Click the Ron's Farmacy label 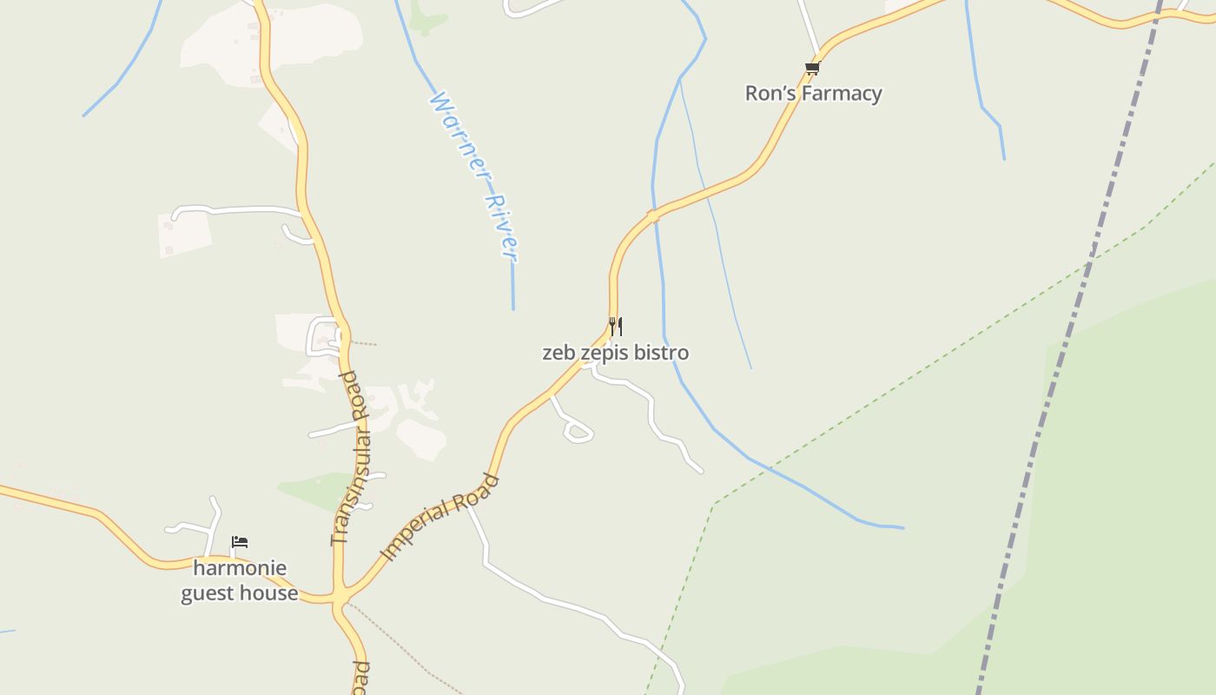tap(813, 93)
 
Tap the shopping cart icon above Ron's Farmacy tap(812, 68)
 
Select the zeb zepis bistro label tap(615, 353)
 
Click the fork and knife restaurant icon tap(615, 327)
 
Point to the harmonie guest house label tap(239, 580)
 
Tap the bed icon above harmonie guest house tap(240, 542)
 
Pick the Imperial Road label tap(441, 517)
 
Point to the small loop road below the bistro tap(577, 430)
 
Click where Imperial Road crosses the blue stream tap(653, 214)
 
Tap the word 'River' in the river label tap(502, 228)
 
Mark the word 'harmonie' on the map tap(239, 568)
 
